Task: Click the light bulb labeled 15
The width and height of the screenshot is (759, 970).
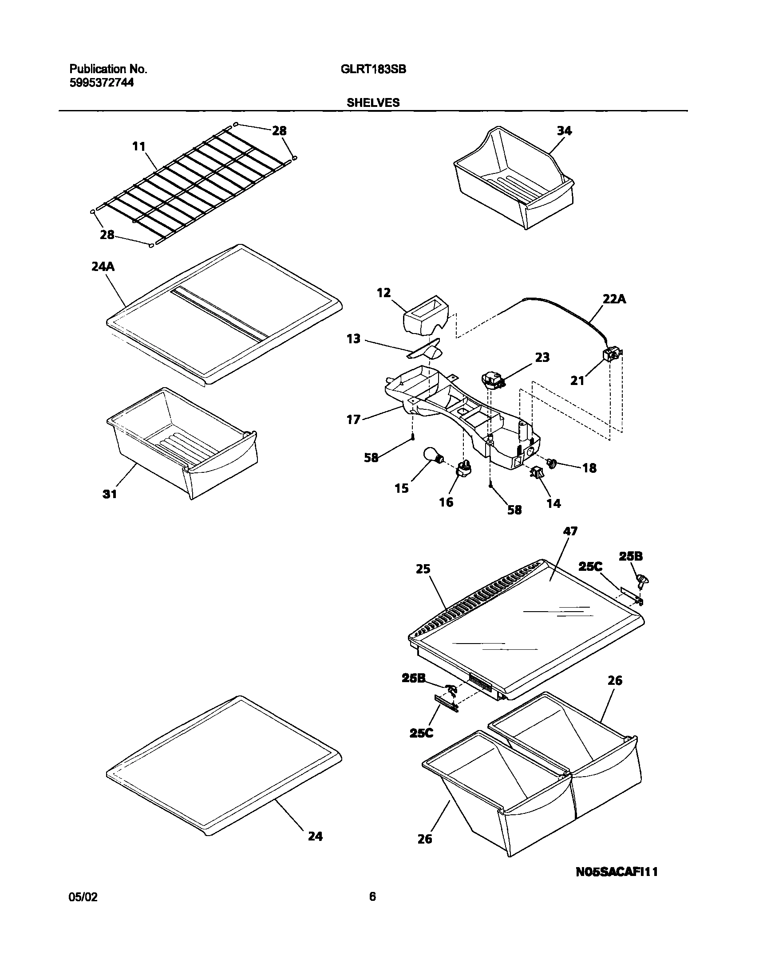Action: tap(432, 456)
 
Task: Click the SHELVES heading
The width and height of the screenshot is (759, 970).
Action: tap(373, 102)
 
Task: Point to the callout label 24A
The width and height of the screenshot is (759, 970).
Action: tap(103, 267)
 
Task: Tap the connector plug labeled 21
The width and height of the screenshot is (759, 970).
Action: tap(610, 355)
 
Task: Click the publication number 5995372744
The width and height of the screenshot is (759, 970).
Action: tap(101, 82)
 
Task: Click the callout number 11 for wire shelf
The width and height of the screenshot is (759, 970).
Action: tap(138, 146)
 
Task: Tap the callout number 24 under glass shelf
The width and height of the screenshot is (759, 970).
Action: tap(315, 836)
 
